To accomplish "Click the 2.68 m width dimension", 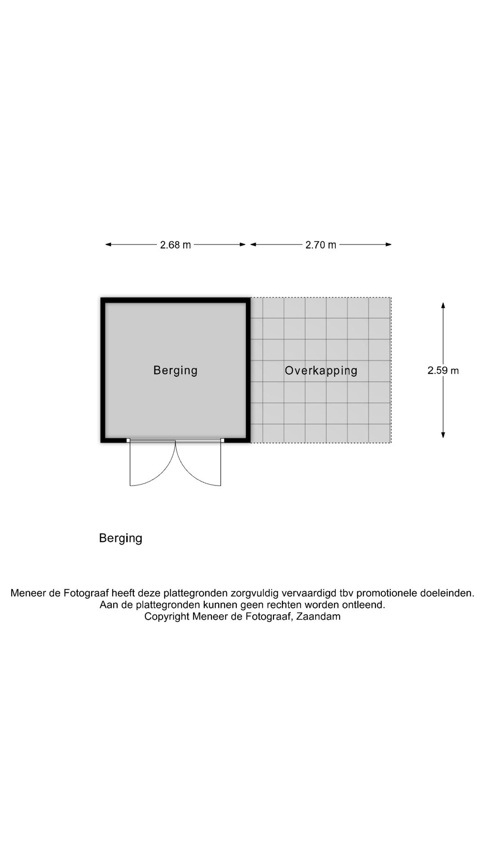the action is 176,245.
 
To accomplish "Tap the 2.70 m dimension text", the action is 321,245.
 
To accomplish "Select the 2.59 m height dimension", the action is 443,370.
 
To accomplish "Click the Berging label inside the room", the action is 176,371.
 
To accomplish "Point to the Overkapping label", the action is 321,371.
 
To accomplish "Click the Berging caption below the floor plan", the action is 121,538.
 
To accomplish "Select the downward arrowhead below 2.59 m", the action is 443,435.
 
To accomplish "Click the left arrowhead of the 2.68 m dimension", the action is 108,245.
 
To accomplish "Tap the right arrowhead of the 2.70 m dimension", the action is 388,245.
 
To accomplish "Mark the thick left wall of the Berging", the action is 103,370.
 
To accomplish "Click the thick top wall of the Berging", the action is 176,300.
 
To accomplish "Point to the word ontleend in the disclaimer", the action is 366,605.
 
